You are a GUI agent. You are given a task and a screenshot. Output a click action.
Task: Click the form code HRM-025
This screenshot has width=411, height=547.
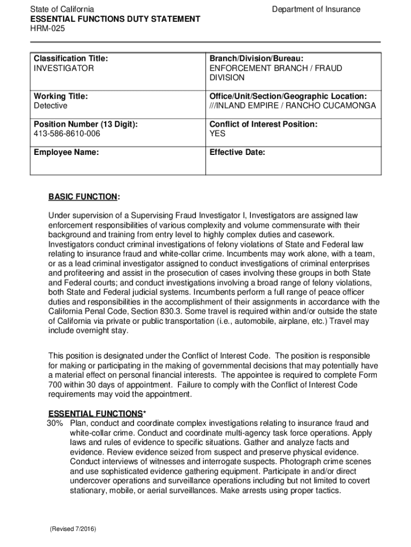[48, 29]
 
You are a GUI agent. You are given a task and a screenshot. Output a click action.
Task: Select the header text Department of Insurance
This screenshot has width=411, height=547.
[316, 10]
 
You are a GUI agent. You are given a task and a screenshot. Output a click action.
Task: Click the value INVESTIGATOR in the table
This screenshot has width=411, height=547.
[64, 68]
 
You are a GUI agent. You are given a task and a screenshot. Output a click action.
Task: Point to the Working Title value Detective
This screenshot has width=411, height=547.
[51, 106]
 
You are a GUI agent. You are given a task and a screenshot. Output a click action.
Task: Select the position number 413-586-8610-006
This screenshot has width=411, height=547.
[67, 134]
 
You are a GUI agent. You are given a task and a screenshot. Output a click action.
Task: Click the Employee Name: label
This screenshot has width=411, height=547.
[66, 152]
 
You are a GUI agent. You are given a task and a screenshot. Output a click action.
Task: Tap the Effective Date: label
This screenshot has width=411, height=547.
[237, 152]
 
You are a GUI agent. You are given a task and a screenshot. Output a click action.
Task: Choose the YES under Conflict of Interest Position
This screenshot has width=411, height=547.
[217, 134]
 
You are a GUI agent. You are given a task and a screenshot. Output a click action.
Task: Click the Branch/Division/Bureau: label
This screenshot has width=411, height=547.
[256, 58]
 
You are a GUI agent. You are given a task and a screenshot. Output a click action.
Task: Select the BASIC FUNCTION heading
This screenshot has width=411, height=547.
[83, 197]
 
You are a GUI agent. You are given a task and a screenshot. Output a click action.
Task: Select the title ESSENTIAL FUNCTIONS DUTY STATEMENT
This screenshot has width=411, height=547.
[115, 19]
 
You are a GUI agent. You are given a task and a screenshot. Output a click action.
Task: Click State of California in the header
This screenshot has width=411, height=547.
[62, 10]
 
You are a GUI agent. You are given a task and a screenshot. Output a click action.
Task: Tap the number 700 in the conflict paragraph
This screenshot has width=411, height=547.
[56, 385]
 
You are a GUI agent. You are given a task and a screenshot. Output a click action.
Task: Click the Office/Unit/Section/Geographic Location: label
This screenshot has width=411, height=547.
[288, 96]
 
